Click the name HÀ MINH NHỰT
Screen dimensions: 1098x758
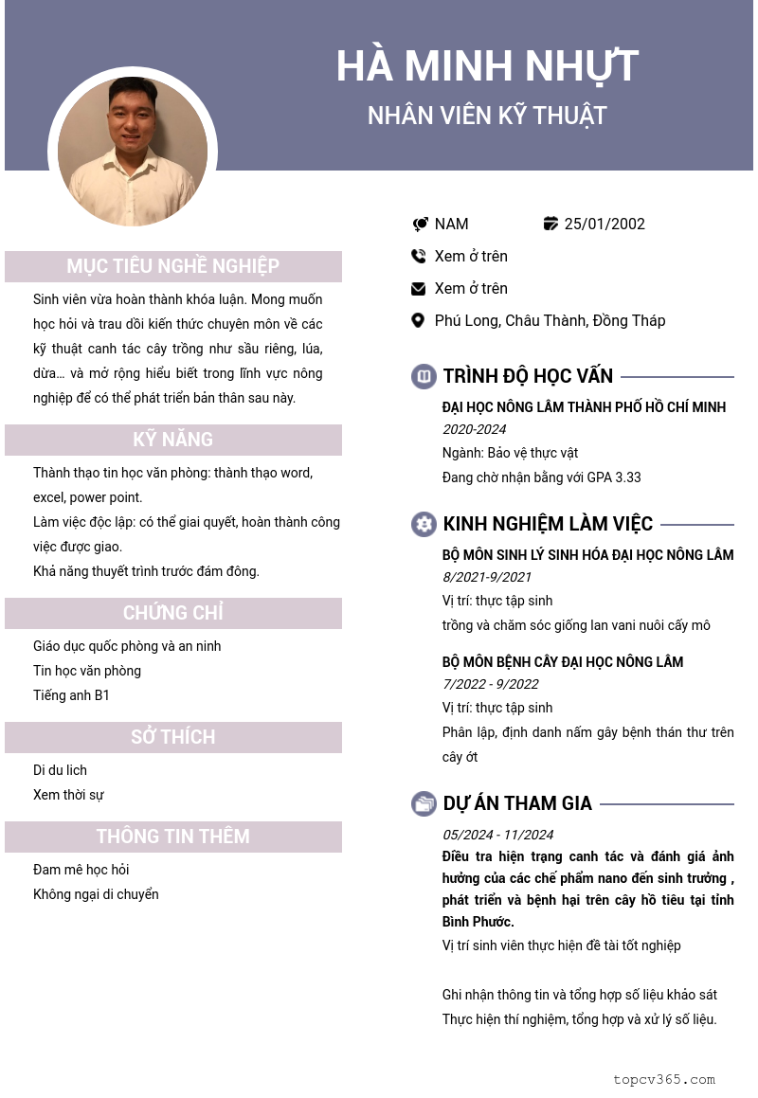click(487, 66)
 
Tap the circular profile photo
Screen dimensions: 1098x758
click(133, 152)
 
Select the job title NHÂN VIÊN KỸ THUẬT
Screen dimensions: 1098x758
click(487, 116)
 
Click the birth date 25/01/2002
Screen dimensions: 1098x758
click(605, 224)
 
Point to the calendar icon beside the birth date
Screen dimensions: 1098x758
click(550, 224)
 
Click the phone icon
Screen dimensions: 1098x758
click(419, 256)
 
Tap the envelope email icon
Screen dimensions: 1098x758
click(419, 288)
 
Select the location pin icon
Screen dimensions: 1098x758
click(418, 320)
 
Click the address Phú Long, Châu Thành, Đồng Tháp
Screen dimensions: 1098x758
click(550, 320)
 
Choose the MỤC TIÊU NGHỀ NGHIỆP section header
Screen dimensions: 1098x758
click(173, 266)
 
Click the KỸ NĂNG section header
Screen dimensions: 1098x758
click(173, 440)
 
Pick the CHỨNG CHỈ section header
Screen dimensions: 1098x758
click(173, 613)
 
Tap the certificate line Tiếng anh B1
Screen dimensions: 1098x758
click(71, 695)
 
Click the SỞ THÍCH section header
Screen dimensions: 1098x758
click(173, 737)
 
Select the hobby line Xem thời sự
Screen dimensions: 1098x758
click(68, 795)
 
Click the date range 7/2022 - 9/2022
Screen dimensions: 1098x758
click(490, 684)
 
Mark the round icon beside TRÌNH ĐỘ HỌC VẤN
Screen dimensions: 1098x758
click(424, 376)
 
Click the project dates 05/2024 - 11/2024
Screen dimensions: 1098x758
click(497, 835)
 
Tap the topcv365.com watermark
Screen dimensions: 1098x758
click(663, 1079)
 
